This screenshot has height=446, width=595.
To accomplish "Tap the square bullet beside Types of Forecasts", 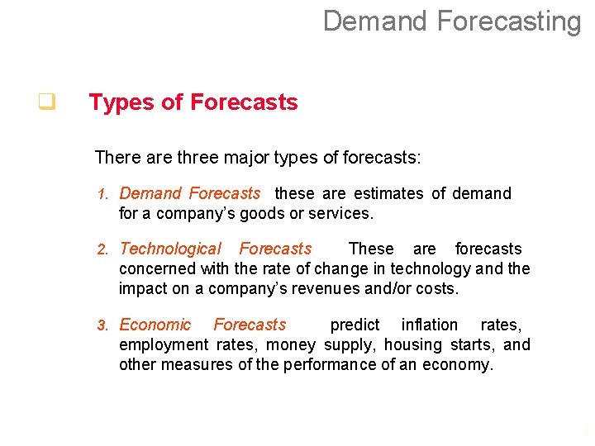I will [x=46, y=102].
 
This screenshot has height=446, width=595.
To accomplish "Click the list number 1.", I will [x=102, y=195].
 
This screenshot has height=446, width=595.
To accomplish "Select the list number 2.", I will [x=102, y=249].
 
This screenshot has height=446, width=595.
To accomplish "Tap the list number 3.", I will [x=102, y=325].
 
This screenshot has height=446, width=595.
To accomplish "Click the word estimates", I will [x=389, y=194].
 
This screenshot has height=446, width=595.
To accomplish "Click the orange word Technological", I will [x=170, y=249].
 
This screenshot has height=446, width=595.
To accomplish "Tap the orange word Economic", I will [x=155, y=325].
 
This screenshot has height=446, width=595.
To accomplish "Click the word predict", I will [x=355, y=325].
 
